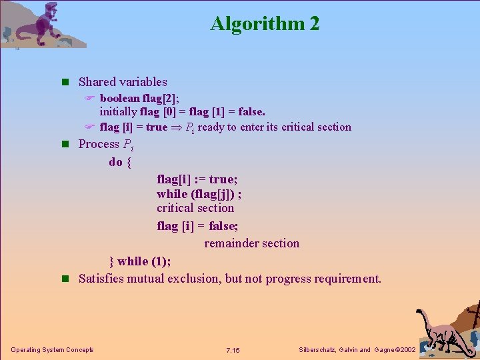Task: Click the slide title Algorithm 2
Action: pos(265,24)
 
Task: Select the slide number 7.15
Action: pos(233,350)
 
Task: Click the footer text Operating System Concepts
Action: pos(52,350)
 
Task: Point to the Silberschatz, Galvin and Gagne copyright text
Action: pos(357,350)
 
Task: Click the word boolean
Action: pos(119,98)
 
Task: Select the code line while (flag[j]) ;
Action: pos(199,193)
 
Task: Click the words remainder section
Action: pos(251,243)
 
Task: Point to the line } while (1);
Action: pos(140,261)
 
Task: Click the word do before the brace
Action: pos(115,162)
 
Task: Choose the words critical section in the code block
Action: pos(195,208)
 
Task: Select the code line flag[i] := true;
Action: pos(197,179)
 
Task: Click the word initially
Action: pos(119,112)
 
